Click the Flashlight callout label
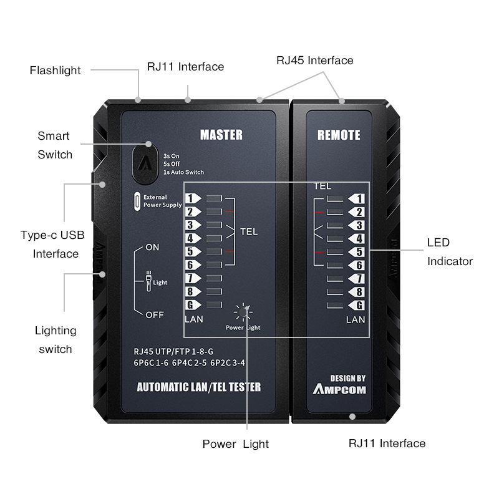tap(55, 70)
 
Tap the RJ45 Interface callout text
tap(315, 61)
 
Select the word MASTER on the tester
tap(221, 135)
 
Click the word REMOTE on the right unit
tap(339, 135)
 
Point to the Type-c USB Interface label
tap(53, 245)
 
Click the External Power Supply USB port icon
tap(137, 201)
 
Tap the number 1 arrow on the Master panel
tap(193, 198)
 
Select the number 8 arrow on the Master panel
tap(193, 291)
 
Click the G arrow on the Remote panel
tap(356, 306)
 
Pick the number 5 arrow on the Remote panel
tap(356, 252)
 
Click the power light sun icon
tap(243, 312)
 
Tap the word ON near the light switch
tap(152, 247)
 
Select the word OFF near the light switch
tap(155, 315)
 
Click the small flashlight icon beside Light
tap(148, 281)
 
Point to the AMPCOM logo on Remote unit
tap(339, 389)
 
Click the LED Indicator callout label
tap(450, 252)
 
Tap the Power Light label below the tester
tap(236, 444)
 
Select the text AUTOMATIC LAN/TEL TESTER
tap(199, 387)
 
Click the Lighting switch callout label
tap(56, 340)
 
